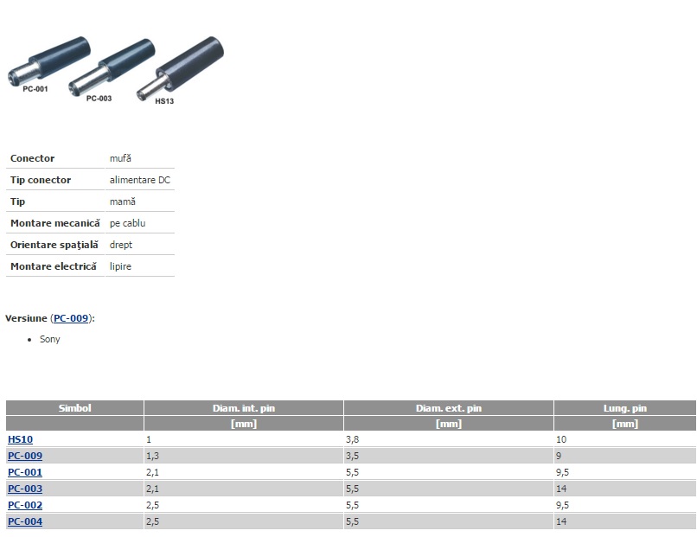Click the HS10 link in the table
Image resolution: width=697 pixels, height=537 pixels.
tap(20, 439)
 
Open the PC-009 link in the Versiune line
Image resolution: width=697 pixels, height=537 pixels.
tap(71, 318)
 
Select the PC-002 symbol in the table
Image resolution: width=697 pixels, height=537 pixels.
tap(25, 505)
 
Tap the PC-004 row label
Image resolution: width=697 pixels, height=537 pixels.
tap(25, 521)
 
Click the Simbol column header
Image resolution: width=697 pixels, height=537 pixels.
tap(74, 408)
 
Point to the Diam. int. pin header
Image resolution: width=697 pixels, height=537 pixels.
tap(244, 408)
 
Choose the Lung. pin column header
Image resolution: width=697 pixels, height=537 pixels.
tap(625, 408)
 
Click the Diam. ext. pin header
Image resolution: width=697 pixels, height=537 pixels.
tap(449, 408)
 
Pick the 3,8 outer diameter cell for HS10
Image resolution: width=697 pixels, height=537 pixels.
tap(353, 439)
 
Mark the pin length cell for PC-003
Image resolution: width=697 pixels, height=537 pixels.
tap(561, 489)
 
